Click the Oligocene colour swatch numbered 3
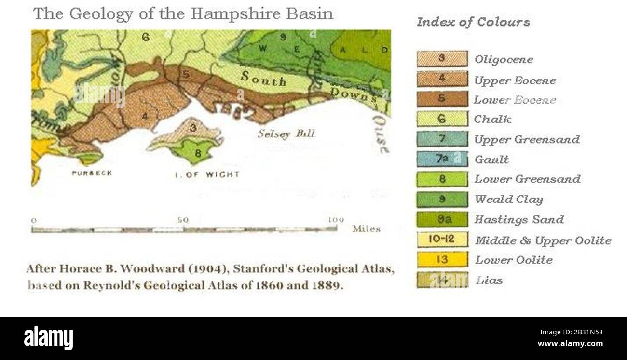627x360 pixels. (x=442, y=59)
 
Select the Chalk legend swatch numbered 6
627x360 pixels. (x=442, y=119)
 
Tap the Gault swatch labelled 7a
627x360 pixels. (x=442, y=159)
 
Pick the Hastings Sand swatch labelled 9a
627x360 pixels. (x=442, y=219)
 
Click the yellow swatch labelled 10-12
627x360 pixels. (x=442, y=240)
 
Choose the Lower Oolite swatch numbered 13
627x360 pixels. (x=442, y=260)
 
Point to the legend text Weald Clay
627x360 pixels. (x=508, y=200)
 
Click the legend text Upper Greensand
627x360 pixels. (x=527, y=140)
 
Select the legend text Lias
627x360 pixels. (x=489, y=280)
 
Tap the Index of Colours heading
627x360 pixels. (x=473, y=22)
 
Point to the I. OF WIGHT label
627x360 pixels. (x=207, y=174)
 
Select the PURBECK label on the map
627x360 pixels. (x=92, y=173)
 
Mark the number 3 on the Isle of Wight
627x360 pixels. (x=192, y=128)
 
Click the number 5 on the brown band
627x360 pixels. (x=186, y=75)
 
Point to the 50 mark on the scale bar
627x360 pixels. (x=183, y=220)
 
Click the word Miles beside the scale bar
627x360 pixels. (x=366, y=229)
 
